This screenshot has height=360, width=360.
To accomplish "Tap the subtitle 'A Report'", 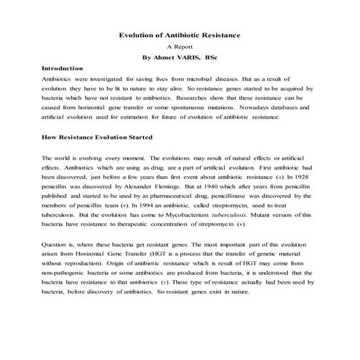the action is pyautogui.click(x=180, y=45).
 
